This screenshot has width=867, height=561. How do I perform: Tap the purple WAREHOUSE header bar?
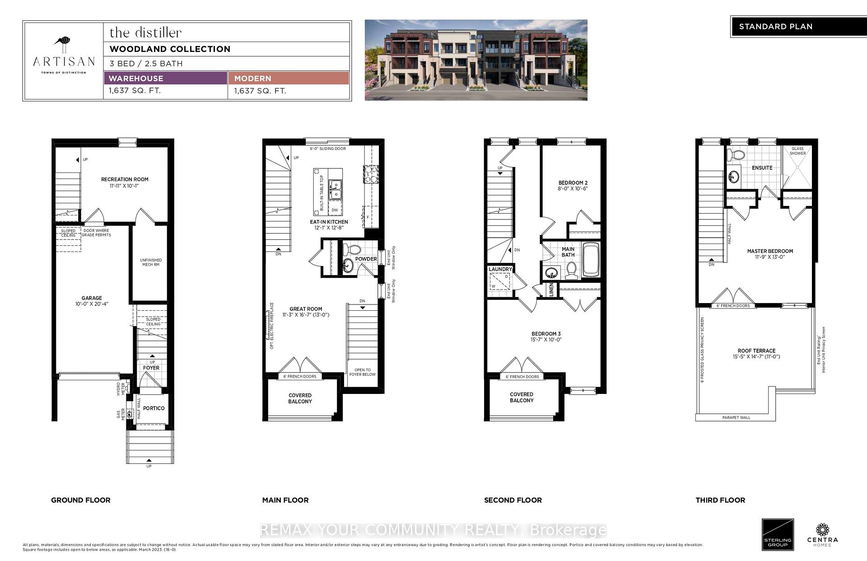(x=165, y=78)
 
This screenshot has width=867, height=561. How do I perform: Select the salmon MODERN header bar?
(x=289, y=78)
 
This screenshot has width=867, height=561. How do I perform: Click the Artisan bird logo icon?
(x=63, y=45)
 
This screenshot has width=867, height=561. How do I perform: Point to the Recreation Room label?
(x=125, y=179)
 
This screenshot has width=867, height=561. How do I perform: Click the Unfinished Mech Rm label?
(x=151, y=262)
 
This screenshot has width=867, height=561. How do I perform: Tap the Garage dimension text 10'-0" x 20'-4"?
(x=92, y=304)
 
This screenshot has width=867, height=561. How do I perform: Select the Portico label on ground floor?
(x=154, y=408)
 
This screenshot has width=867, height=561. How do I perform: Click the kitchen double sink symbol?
(x=335, y=190)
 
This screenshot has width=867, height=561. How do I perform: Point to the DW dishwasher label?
(x=335, y=210)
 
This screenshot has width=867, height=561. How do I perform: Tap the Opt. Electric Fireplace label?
(x=272, y=326)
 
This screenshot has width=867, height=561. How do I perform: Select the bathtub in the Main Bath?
(x=591, y=260)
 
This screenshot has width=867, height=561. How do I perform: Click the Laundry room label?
(x=500, y=269)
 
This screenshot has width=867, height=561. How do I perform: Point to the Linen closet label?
(x=551, y=290)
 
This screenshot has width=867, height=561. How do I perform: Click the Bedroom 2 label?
(x=573, y=183)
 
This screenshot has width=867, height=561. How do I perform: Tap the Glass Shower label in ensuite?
(x=797, y=151)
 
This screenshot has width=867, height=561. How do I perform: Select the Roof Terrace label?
(x=756, y=351)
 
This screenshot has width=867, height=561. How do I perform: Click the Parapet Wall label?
(x=736, y=417)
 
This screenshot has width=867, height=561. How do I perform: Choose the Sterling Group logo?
(x=778, y=534)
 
